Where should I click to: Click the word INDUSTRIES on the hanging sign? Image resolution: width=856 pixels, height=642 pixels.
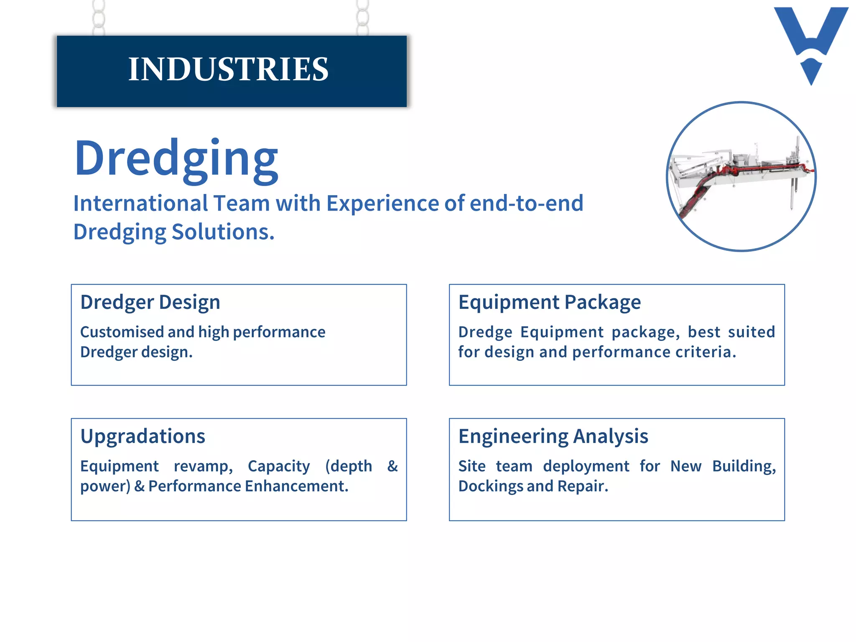(x=228, y=69)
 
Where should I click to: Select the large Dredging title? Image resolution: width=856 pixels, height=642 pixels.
(x=176, y=159)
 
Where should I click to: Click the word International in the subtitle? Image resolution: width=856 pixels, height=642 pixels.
(x=140, y=204)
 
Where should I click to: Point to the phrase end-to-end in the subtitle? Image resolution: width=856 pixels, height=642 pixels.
(x=526, y=204)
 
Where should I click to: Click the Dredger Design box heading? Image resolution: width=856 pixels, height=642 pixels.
(x=150, y=302)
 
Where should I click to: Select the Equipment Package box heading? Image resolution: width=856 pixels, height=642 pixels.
(x=549, y=302)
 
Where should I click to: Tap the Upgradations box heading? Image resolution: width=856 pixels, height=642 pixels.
(x=143, y=436)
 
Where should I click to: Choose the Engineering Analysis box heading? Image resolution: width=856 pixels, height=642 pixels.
(x=553, y=436)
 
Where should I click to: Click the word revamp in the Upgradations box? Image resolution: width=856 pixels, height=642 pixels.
(x=203, y=466)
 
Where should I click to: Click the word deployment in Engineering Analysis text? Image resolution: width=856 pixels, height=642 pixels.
(x=586, y=466)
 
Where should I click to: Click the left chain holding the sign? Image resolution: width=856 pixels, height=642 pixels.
(x=99, y=18)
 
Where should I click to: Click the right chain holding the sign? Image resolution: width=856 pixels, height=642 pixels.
(x=362, y=18)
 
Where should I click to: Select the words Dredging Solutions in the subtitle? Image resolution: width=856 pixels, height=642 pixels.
(x=173, y=232)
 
